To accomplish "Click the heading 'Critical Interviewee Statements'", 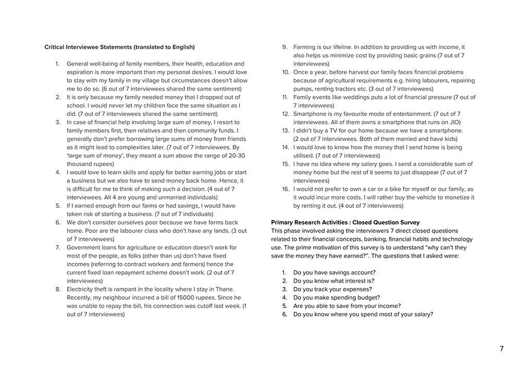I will click(119, 47).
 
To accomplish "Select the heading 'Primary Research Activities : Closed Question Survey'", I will click(345, 222).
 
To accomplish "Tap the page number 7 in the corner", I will click(502, 349).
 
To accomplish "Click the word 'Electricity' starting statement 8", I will click(81, 289).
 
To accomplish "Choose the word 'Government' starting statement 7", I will click(84, 247).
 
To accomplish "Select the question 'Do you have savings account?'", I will click(334, 272).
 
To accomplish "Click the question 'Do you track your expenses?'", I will click(332, 289).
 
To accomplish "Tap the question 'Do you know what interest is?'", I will click(333, 281).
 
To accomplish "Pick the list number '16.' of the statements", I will click(286, 189).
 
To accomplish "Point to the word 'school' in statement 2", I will click(76, 105).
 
